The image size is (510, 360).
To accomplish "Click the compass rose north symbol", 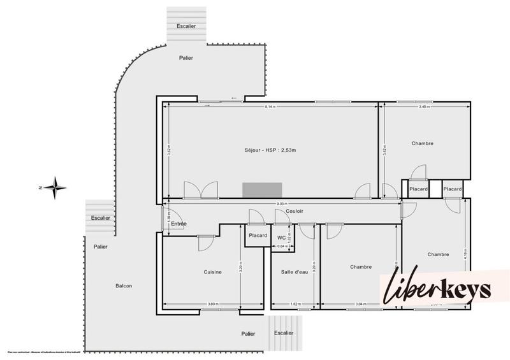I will coord(55,187).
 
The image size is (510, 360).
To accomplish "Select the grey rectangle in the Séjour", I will coord(262,190).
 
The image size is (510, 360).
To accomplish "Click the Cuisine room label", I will coord(212,272).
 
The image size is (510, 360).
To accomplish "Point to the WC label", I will coord(281,238).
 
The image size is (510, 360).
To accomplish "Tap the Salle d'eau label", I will coord(294,272).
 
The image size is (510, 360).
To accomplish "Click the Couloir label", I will coord(295,211).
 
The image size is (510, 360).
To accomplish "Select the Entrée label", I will coord(178,224).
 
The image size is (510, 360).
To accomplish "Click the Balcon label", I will coord(124,285).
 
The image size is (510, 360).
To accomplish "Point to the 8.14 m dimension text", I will coord(270,106).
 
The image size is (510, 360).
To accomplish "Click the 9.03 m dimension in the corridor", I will coord(280,204).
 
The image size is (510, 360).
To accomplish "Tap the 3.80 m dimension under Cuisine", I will coord(212,304).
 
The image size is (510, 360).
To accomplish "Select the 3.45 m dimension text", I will coord(423,106).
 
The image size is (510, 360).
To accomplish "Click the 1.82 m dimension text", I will coord(294,304).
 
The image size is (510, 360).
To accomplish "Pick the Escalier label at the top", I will coord(186,25).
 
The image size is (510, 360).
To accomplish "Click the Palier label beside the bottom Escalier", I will coord(248,333).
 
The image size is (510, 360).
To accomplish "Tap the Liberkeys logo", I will coord(437,290).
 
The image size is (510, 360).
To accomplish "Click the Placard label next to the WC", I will coord(257,235).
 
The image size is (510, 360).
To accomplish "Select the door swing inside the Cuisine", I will coord(205,242).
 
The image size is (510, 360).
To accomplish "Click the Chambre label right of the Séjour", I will coord(422,143).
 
